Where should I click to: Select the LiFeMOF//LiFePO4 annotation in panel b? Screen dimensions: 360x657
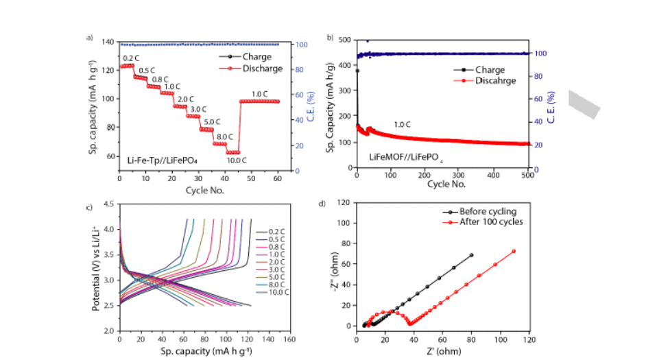404,157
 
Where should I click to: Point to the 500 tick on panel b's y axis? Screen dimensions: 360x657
344,40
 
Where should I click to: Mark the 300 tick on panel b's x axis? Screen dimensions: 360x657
459,175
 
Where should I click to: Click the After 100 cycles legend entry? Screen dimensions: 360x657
492,221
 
